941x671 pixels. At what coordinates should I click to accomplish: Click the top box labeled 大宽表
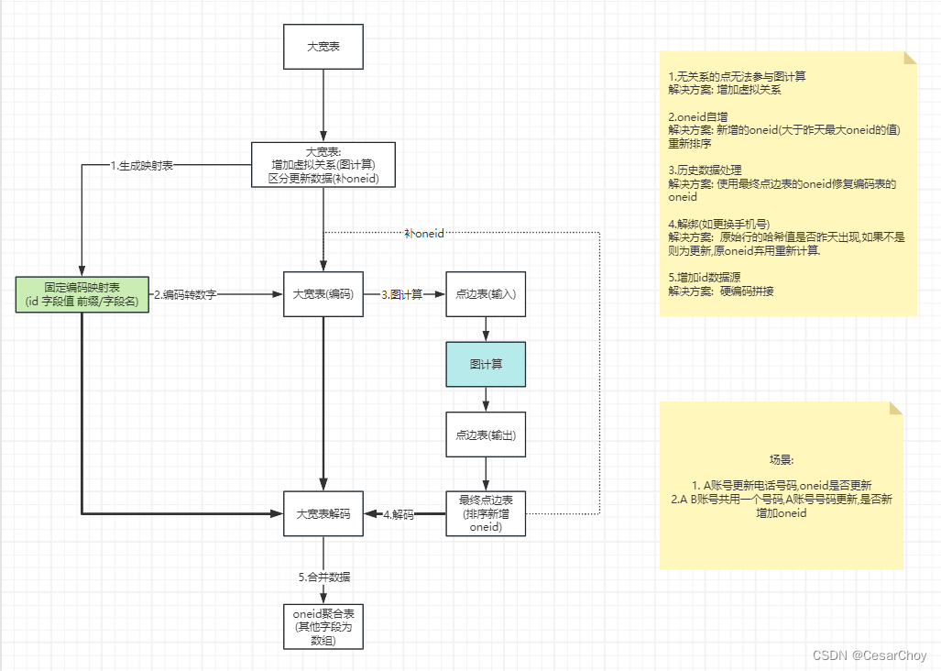323,46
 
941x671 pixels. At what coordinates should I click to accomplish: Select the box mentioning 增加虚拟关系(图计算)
323,164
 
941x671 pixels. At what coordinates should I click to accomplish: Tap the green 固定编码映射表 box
82,293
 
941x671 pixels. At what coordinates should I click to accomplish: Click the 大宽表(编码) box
323,294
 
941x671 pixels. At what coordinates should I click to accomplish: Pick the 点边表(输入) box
486,294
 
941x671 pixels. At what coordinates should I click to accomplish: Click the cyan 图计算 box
486,364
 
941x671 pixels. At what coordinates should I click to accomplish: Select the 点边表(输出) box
486,434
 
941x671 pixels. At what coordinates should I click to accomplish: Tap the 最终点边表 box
486,513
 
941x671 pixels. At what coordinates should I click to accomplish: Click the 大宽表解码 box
323,514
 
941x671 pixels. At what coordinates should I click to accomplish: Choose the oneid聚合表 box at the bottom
323,626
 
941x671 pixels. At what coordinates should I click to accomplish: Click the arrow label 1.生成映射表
142,166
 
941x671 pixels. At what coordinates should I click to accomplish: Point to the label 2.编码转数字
185,294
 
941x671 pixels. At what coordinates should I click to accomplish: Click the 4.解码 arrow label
399,515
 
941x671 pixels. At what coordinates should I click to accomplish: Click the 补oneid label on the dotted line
424,234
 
